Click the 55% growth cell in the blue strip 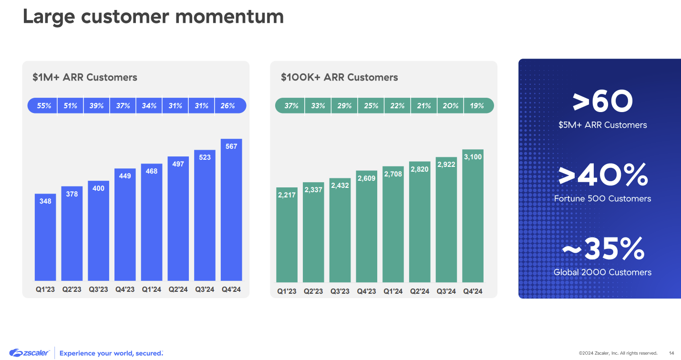pos(44,106)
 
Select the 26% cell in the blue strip pos(228,106)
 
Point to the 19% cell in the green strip pos(477,106)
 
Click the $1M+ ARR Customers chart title pos(85,77)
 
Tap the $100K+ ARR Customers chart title pos(339,77)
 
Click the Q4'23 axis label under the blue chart pos(125,289)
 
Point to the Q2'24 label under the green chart pos(420,291)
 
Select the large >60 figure pos(603,102)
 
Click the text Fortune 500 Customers pos(602,199)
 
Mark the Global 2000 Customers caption pos(602,272)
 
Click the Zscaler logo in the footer pos(29,353)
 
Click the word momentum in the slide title pos(229,17)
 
